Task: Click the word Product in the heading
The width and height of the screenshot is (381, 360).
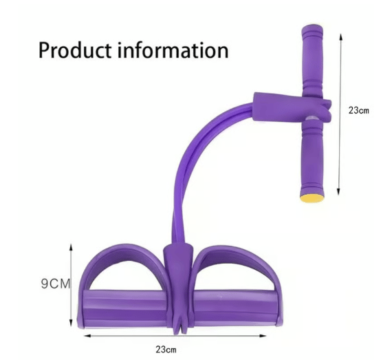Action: (75, 50)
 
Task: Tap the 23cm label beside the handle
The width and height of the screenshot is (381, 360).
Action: (358, 110)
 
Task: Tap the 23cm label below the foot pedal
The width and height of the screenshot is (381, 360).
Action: (166, 350)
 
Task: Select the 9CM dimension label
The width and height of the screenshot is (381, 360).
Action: (56, 284)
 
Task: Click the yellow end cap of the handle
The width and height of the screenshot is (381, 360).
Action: (312, 198)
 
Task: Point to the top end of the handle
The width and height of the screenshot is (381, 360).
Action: (312, 25)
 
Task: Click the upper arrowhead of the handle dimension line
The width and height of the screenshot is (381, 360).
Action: (341, 37)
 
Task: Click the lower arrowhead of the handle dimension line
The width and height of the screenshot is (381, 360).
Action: (338, 191)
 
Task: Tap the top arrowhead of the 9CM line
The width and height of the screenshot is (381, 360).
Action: (71, 248)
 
